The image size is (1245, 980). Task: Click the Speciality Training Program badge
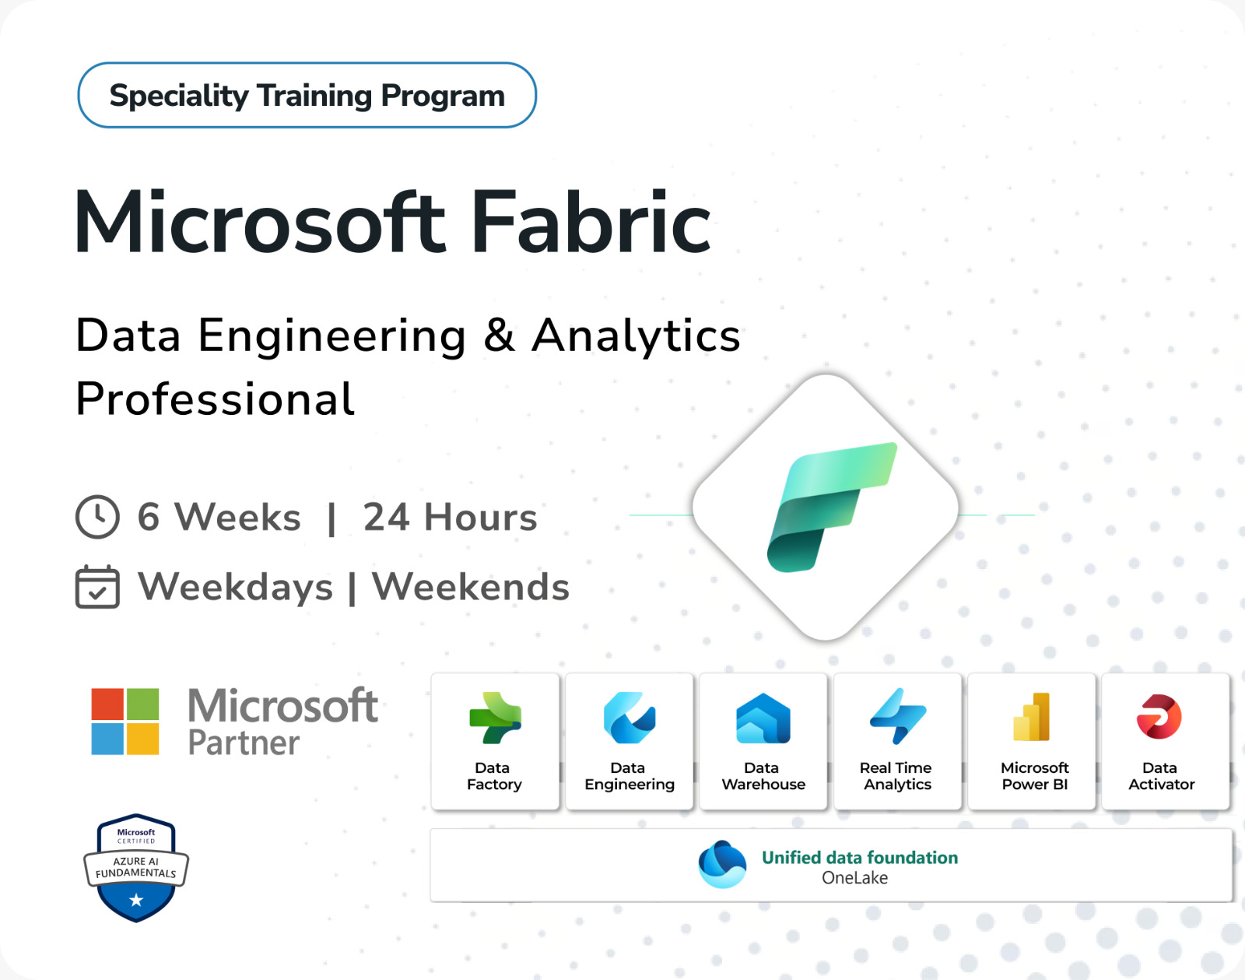(307, 95)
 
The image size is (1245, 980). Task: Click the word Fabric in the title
(591, 223)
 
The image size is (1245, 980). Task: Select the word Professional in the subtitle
(215, 399)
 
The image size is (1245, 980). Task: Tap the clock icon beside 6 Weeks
(97, 516)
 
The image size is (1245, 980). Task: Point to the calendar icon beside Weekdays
(97, 587)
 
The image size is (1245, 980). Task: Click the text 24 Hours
(450, 516)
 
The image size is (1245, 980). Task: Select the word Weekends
(470, 587)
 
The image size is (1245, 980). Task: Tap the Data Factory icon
(495, 718)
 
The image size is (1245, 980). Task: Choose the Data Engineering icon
(630, 718)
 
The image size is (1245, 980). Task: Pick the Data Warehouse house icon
(763, 718)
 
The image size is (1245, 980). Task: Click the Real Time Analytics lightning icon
(898, 717)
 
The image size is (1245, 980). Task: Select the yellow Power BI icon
(1032, 717)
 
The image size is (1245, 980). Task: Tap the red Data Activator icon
(1159, 717)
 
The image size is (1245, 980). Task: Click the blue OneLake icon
(722, 864)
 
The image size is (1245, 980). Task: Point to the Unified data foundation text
(860, 857)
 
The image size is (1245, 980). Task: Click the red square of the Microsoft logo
(107, 704)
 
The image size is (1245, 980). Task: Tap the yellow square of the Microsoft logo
(142, 739)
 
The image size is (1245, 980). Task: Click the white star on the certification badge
(136, 900)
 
